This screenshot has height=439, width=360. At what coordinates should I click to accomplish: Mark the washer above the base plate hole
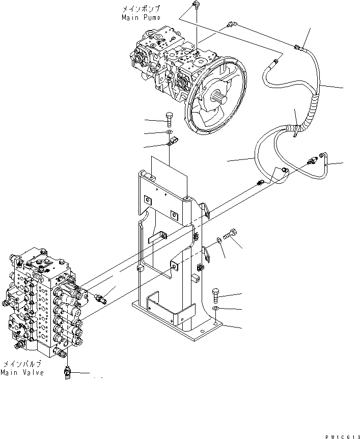(216, 309)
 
